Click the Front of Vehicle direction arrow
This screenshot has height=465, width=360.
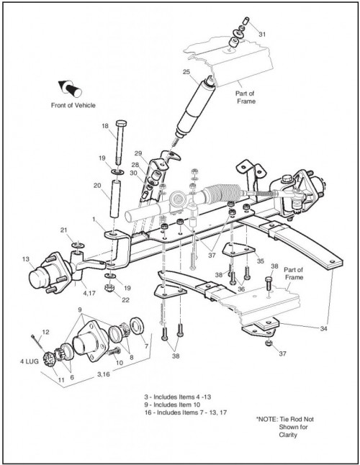point(70,88)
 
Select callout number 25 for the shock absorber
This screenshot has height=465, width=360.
point(186,72)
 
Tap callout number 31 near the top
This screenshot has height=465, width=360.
point(262,35)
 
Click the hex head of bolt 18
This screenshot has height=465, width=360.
point(121,123)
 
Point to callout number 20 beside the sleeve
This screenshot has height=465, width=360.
point(97,186)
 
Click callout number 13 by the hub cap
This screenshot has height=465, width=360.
point(26,259)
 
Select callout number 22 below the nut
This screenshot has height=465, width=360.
point(126,300)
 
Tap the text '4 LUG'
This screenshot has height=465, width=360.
point(30,361)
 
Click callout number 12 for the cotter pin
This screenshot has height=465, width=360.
point(45,332)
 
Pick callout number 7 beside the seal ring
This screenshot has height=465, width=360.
point(146,346)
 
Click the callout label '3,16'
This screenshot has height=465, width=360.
point(104,374)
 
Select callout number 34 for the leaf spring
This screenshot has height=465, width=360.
point(323,328)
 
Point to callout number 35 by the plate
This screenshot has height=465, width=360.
point(260,261)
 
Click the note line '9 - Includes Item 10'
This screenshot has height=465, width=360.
point(172,405)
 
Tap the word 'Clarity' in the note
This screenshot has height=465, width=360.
point(288,435)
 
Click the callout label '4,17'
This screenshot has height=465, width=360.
point(89,293)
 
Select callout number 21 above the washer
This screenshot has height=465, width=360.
point(64,230)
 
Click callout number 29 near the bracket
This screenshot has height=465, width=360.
point(138,153)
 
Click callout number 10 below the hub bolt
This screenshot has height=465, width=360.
point(120,363)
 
